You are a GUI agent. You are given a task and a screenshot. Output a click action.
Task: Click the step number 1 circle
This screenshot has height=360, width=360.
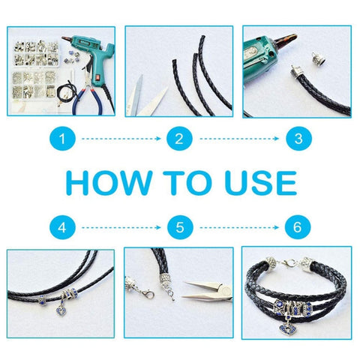[62, 139]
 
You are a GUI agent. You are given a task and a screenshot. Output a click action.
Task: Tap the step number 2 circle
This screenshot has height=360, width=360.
[179, 139]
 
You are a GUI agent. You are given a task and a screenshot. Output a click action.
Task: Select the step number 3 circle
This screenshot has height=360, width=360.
[298, 139]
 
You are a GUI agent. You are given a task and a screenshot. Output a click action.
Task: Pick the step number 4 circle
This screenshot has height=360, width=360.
[62, 227]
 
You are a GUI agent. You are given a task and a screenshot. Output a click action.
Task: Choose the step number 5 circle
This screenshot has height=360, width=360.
[180, 227]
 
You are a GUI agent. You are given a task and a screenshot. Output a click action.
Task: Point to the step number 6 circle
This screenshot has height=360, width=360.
[298, 227]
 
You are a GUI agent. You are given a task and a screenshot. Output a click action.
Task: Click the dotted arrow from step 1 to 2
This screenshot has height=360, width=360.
[121, 139]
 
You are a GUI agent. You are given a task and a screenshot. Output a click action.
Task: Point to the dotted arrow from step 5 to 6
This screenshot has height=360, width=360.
[239, 227]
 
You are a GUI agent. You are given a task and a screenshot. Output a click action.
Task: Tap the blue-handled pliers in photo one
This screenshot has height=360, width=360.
[87, 90]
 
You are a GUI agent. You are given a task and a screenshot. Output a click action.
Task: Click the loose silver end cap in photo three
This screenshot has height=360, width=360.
[316, 58]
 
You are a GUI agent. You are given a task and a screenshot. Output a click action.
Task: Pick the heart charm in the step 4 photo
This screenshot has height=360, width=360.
[61, 311]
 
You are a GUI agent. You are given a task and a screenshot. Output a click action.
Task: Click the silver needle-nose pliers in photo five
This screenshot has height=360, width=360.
[207, 290]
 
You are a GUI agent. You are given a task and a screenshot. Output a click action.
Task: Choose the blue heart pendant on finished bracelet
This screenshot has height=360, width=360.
[287, 329]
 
